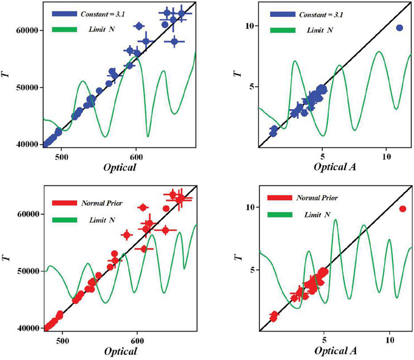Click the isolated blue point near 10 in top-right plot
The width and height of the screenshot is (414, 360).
pyautogui.click(x=399, y=27)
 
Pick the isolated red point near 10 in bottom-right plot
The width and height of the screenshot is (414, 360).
pyautogui.click(x=403, y=209)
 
